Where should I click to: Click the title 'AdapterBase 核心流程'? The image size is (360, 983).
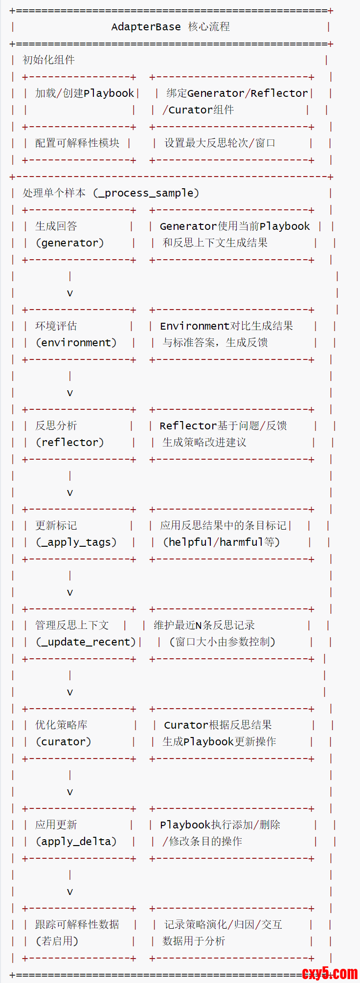tap(170, 27)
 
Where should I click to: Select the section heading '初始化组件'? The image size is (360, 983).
tap(48, 60)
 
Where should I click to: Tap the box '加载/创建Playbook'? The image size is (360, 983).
tap(84, 93)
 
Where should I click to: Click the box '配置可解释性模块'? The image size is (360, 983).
tap(77, 143)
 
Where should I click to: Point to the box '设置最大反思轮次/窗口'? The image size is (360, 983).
tap(220, 143)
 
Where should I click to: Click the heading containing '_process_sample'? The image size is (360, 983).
tap(111, 193)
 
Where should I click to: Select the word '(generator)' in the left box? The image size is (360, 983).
tap(70, 243)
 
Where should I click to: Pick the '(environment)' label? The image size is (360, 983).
tap(76, 343)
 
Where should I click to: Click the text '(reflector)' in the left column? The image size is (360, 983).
tap(70, 443)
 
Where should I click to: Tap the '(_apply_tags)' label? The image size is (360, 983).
tap(76, 542)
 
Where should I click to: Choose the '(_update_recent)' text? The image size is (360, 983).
tap(86, 642)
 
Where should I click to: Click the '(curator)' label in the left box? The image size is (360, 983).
tap(64, 742)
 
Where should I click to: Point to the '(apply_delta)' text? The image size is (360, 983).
tap(76, 842)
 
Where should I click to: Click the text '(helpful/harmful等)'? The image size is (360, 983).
tap(222, 542)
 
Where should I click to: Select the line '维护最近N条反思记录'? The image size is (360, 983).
tap(204, 626)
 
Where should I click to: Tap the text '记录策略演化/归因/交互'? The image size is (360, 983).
tap(223, 925)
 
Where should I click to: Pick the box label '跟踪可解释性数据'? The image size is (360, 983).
tap(77, 925)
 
